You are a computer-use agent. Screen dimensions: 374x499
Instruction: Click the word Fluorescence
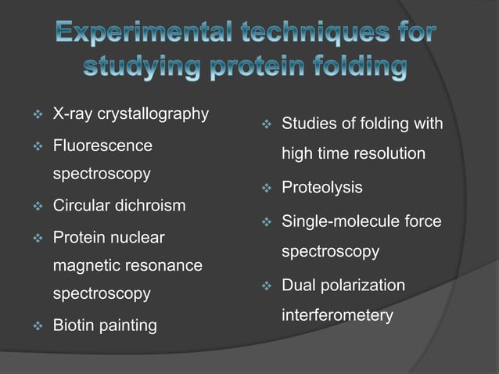102,146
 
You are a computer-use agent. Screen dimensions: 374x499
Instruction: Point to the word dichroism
148,206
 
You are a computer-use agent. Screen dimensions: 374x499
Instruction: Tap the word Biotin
72,325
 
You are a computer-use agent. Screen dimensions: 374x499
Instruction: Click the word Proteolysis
321,189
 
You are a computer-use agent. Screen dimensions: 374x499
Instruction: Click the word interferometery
336,315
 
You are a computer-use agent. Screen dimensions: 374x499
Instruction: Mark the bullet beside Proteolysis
265,189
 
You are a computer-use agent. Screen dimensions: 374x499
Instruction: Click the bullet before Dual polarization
265,286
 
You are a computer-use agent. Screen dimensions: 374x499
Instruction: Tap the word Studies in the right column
308,124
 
